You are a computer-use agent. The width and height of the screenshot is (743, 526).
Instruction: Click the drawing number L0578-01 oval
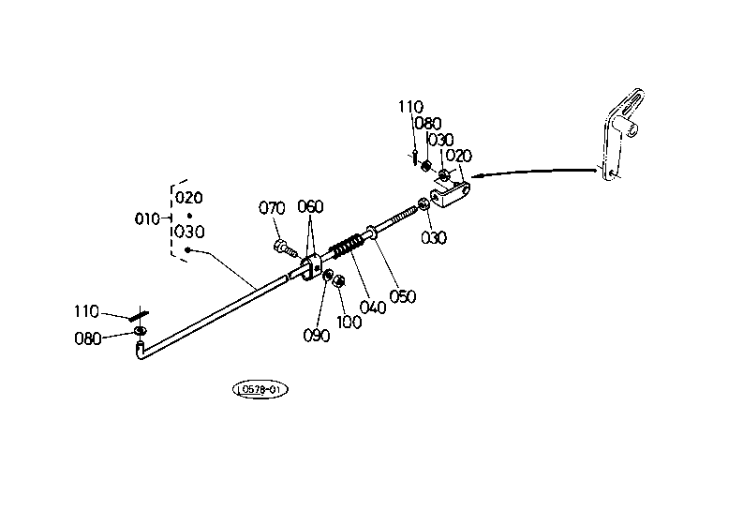(260, 390)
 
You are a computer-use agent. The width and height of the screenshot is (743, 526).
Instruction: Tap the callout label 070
(272, 208)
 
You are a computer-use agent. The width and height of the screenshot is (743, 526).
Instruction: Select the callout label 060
(310, 207)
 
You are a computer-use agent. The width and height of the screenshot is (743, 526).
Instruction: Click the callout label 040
(373, 308)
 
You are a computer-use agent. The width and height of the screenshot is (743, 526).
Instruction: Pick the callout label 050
(403, 296)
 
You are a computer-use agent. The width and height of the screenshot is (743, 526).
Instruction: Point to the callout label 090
(317, 336)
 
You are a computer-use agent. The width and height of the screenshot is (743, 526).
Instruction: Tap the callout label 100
(349, 323)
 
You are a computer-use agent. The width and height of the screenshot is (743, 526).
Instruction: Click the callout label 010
(147, 219)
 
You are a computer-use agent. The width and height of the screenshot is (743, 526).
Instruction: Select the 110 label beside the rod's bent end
(86, 311)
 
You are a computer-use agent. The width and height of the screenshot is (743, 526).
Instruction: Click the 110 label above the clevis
(410, 107)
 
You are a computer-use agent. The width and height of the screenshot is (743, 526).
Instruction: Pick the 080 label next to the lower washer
(88, 338)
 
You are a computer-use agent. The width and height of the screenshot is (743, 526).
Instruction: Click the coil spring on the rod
(347, 247)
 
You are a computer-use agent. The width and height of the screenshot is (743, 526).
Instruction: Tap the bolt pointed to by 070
(285, 248)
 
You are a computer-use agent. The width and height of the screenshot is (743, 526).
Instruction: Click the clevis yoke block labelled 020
(450, 193)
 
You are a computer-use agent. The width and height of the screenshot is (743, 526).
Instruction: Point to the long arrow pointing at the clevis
(534, 173)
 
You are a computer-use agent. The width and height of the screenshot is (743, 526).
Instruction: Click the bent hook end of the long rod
(141, 350)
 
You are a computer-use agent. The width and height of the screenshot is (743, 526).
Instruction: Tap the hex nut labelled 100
(339, 281)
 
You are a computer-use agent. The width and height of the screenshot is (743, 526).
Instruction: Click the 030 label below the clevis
(434, 237)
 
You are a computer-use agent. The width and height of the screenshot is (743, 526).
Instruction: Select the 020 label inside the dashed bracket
(189, 197)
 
